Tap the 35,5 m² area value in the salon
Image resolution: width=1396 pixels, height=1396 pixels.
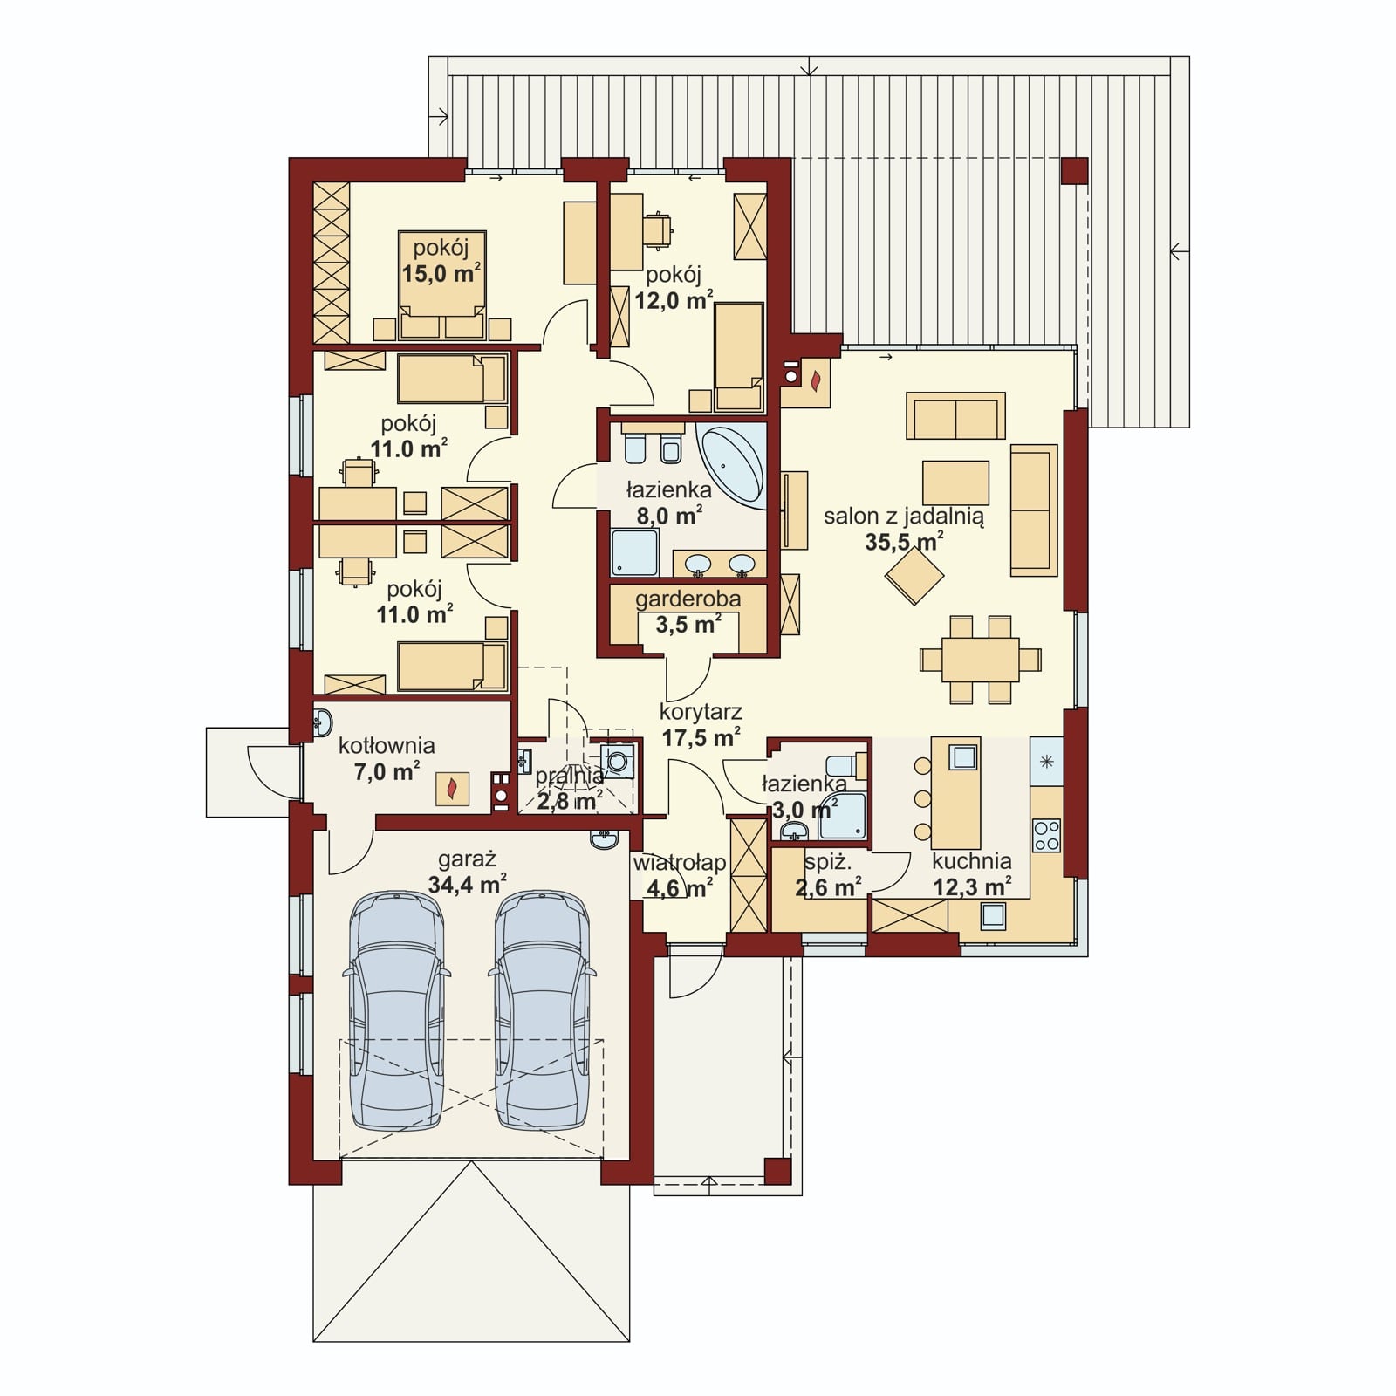click(x=904, y=542)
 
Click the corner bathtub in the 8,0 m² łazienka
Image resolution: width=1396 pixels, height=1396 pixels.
click(x=735, y=465)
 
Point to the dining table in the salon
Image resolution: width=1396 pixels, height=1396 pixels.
click(x=980, y=660)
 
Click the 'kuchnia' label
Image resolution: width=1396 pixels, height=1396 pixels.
click(x=971, y=861)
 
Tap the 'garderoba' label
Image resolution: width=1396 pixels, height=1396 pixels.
click(x=688, y=599)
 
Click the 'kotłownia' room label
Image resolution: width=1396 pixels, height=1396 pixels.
click(x=387, y=746)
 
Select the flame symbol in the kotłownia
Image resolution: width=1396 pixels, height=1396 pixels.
click(x=452, y=790)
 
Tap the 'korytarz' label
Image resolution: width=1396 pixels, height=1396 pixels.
click(x=701, y=713)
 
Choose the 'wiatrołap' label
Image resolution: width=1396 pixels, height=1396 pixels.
click(x=680, y=863)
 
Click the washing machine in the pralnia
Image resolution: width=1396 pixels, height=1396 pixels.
click(x=618, y=760)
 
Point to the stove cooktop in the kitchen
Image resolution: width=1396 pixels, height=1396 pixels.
click(x=1046, y=834)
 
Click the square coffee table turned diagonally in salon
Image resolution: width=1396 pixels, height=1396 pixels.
click(x=914, y=575)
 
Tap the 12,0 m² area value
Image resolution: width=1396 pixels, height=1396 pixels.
click(x=674, y=301)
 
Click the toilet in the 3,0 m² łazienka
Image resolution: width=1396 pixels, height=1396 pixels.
click(x=842, y=765)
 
